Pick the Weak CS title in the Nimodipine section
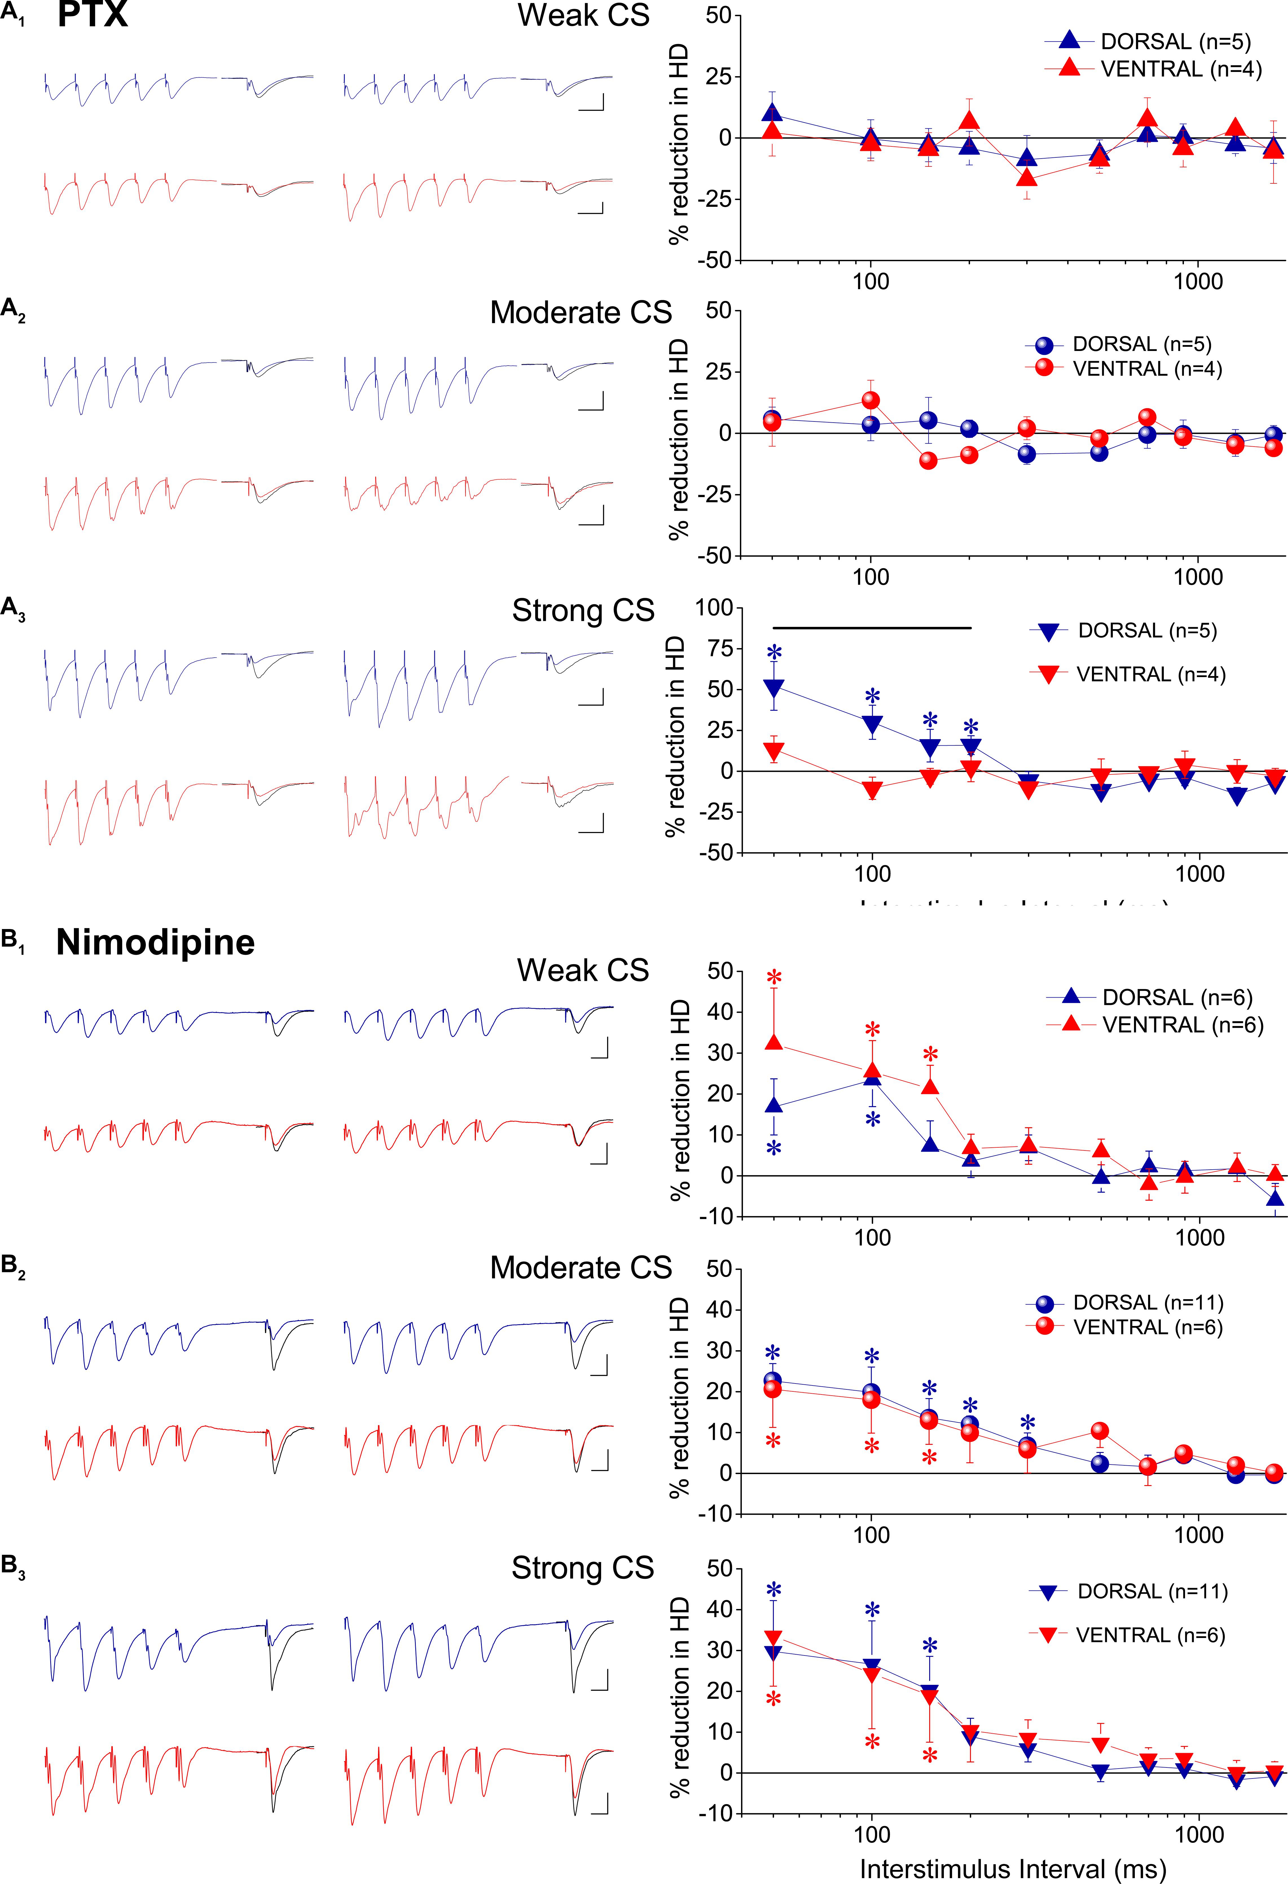[x=583, y=970]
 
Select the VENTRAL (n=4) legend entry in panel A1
[x=1180, y=70]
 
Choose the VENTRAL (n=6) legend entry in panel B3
[x=1149, y=1635]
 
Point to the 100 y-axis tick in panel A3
[x=713, y=608]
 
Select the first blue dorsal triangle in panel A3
[x=773, y=688]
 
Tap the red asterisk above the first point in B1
[x=773, y=977]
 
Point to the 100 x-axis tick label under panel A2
[x=871, y=577]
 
